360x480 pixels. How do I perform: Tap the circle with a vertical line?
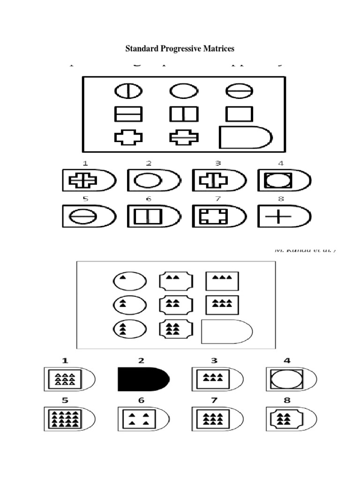pos(128,91)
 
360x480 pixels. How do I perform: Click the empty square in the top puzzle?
pos(239,114)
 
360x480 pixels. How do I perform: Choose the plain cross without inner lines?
pos(128,138)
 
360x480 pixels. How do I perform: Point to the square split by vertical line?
pos(184,114)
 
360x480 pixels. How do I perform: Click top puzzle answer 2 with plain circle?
pos(153,181)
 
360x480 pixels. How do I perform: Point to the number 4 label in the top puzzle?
pos(280,164)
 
